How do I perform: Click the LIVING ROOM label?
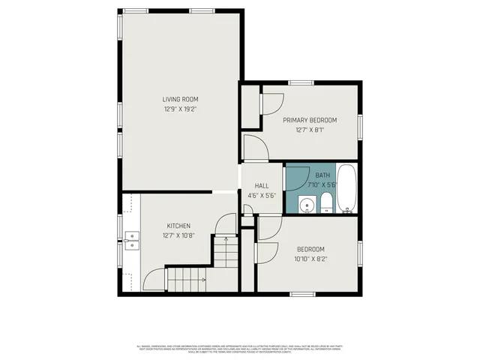(x=180, y=99)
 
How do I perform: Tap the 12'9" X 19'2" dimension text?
(x=180, y=109)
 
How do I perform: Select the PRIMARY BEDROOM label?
(x=309, y=120)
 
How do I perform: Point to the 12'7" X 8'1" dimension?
(x=309, y=130)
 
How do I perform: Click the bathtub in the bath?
(x=346, y=189)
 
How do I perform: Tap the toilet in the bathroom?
(x=326, y=202)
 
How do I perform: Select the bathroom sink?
(x=305, y=205)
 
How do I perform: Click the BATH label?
(x=322, y=175)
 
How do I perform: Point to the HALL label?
(x=262, y=186)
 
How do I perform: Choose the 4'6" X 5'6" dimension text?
(x=262, y=196)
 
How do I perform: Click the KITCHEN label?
(x=178, y=226)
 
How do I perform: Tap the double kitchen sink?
(x=133, y=240)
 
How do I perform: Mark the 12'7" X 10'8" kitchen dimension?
(x=178, y=235)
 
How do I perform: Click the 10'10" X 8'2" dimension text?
(x=310, y=259)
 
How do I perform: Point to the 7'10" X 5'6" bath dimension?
(x=322, y=184)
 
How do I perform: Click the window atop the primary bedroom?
(x=301, y=82)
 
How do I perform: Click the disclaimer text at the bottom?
(x=239, y=348)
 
